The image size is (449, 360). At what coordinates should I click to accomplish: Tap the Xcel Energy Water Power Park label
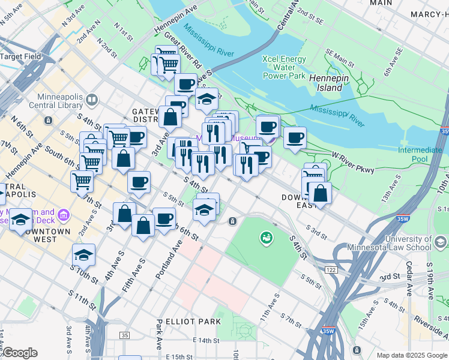click(284, 67)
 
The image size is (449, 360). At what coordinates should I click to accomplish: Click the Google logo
click(19, 352)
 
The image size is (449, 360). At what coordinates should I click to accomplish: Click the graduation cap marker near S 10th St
click(83, 254)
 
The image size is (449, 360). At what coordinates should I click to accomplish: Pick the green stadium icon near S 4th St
click(265, 239)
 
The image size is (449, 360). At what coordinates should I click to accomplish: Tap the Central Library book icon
click(92, 100)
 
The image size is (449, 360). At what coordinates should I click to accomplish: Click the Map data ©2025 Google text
click(411, 355)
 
